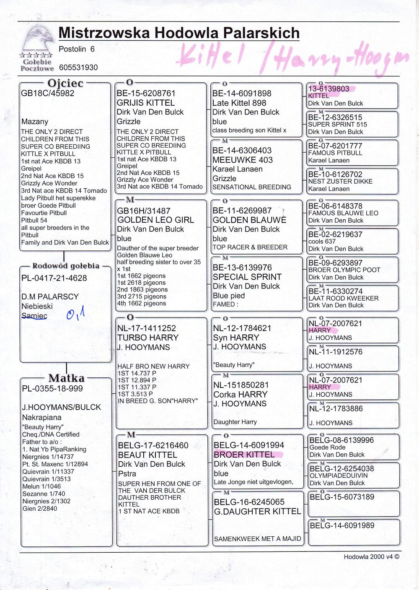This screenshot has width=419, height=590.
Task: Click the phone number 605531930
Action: point(78,68)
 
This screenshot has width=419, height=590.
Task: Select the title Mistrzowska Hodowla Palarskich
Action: point(179,33)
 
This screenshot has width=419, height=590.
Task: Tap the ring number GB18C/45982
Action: point(47,94)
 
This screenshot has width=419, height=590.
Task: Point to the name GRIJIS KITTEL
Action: point(145,103)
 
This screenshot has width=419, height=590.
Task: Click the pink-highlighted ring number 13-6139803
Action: point(328,89)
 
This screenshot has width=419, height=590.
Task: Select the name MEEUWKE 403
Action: point(242,160)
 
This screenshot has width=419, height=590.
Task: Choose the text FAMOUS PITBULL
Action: point(335,153)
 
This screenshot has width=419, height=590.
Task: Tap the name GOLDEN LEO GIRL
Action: point(155,220)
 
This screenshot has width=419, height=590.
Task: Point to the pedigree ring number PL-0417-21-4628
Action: point(54,278)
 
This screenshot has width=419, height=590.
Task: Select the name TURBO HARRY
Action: point(148,338)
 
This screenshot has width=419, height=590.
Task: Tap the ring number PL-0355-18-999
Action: point(52,389)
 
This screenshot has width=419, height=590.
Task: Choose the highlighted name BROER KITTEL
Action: point(244,455)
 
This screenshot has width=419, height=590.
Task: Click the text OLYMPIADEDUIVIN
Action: point(339,476)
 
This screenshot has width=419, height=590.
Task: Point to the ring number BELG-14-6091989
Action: point(342,525)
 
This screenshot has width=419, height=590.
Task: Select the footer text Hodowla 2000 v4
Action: point(371,557)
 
